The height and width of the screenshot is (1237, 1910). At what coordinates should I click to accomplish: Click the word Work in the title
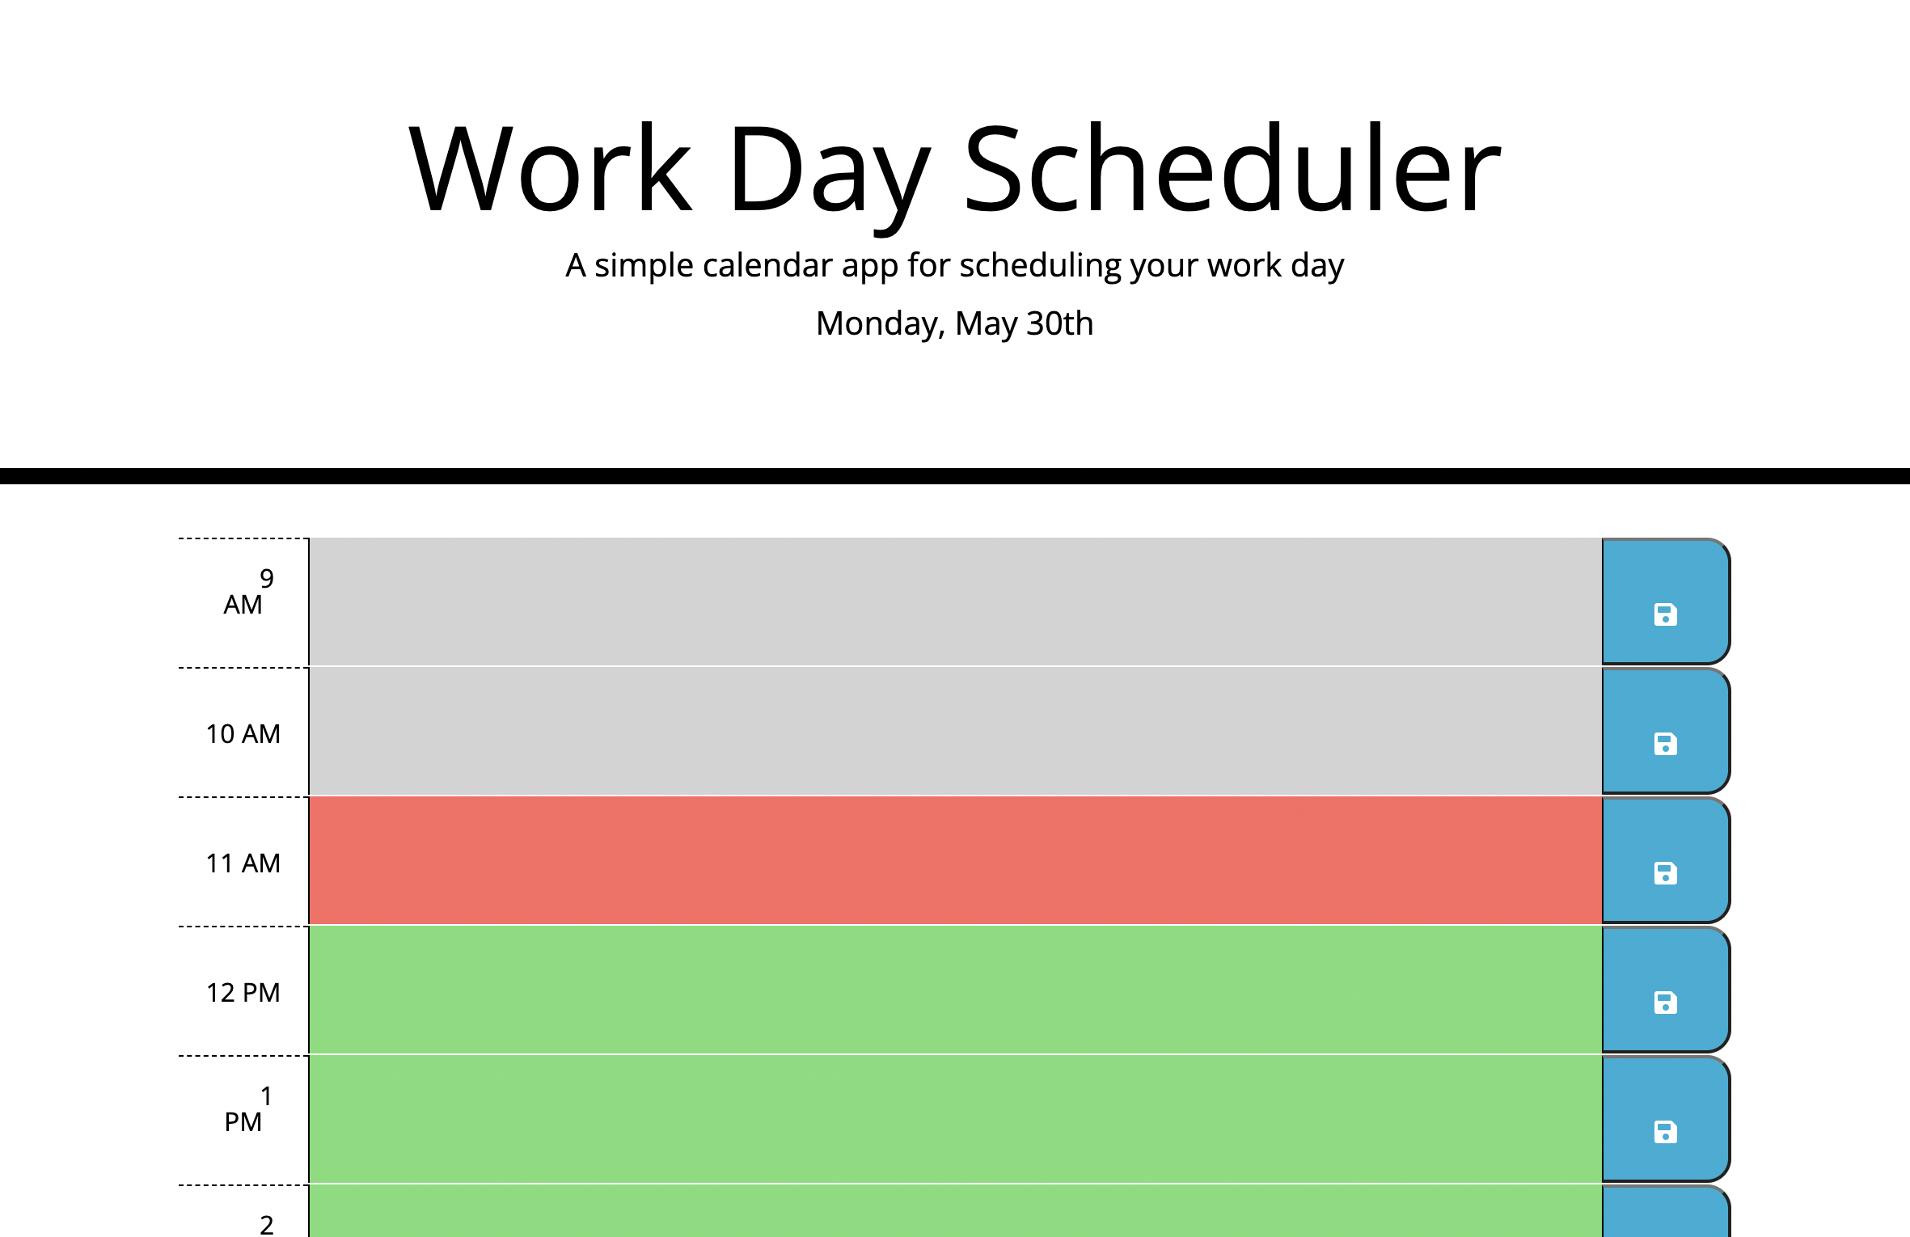551,170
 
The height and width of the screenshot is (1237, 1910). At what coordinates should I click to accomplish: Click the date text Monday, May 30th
954,323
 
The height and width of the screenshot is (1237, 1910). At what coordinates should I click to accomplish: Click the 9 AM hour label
243,592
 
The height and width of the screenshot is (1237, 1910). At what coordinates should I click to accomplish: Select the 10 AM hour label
243,734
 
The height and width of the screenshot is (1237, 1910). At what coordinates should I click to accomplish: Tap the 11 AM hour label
243,863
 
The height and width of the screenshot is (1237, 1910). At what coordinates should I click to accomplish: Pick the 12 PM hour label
243,993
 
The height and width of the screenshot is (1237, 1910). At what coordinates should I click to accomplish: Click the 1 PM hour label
243,1109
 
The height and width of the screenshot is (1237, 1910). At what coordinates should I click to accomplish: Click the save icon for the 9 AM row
1665,614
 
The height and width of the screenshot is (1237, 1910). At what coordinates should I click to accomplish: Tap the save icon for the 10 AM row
1665,744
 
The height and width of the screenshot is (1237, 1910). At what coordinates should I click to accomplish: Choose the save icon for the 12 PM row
1665,1003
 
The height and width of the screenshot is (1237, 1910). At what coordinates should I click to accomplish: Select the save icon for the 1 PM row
1665,1132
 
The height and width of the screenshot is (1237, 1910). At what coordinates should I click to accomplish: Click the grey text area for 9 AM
954,602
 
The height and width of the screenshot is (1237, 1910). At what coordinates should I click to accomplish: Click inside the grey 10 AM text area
954,731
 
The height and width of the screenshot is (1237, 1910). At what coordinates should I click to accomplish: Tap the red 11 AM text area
954,860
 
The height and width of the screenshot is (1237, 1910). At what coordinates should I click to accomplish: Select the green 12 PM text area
954,990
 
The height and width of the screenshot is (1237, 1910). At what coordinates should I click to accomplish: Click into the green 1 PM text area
954,1119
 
